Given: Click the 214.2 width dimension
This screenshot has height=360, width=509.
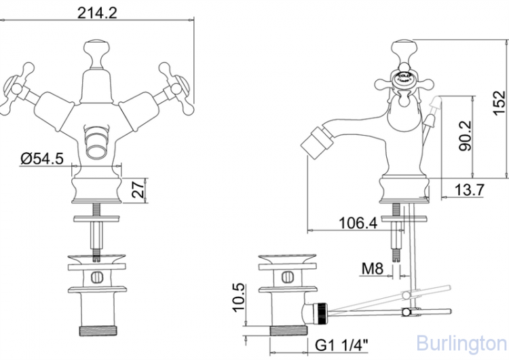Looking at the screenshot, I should click(x=94, y=12).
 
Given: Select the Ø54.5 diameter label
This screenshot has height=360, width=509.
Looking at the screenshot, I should click(x=42, y=159).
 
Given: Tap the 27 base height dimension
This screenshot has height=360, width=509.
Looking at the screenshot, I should click(x=138, y=188).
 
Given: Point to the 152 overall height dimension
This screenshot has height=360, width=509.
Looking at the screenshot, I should click(x=498, y=102).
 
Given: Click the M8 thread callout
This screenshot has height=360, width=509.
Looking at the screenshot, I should click(x=371, y=269).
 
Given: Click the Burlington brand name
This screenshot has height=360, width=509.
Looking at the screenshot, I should click(x=461, y=342).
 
